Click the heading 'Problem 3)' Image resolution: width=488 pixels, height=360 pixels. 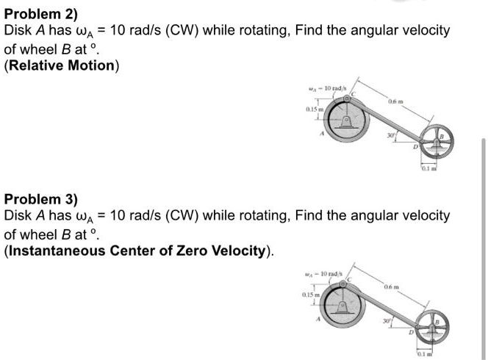[35, 198]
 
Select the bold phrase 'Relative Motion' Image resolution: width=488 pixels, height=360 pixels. [62, 65]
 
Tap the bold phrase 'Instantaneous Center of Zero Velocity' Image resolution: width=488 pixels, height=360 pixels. [138, 251]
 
